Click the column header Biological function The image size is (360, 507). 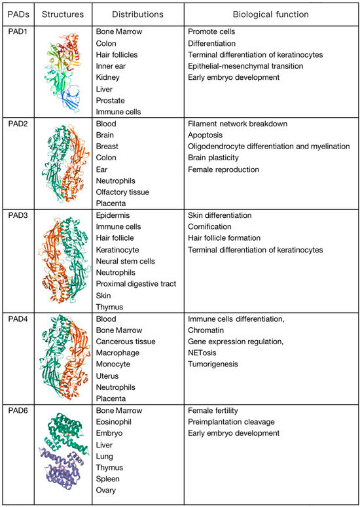271,14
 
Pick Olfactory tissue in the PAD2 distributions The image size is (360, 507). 122,192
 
